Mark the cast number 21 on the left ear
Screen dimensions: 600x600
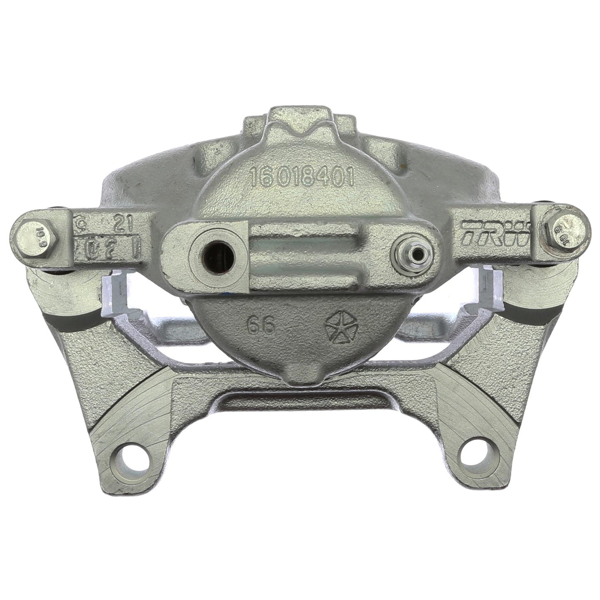point(123,225)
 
